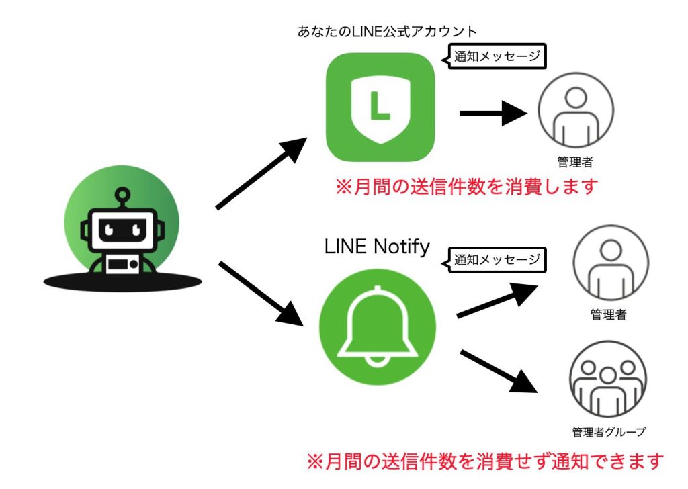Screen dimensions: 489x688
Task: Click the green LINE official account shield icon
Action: [380, 107]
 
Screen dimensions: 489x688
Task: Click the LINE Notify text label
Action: [376, 247]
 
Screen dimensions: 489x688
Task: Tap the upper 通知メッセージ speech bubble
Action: [496, 56]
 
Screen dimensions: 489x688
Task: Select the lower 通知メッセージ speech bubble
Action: [496, 259]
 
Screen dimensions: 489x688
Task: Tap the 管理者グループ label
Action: [609, 431]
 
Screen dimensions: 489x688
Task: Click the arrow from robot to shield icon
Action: [261, 173]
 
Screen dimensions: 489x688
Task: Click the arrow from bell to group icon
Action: [499, 371]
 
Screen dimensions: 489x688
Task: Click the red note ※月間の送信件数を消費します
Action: [466, 186]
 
